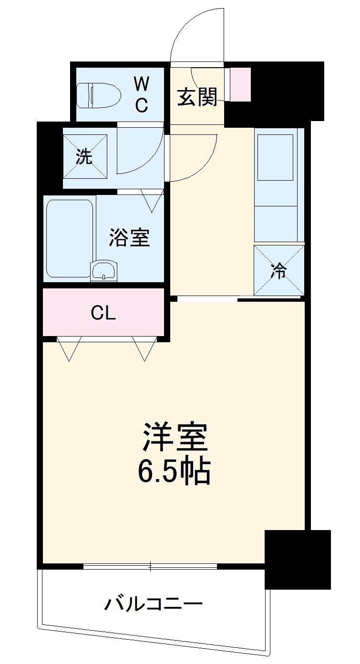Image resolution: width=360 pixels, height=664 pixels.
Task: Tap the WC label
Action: [141, 95]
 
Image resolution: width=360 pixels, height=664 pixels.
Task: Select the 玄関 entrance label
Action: [197, 97]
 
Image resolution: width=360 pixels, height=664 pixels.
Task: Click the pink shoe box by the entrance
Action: [240, 84]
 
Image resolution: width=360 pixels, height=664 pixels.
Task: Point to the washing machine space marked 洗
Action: [85, 156]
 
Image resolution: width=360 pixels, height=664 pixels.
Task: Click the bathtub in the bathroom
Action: [70, 238]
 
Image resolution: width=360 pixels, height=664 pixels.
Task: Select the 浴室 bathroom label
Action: [129, 238]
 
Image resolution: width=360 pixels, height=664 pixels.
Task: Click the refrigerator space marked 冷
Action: [279, 270]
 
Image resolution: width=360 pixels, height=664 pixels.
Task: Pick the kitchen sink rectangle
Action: [275, 157]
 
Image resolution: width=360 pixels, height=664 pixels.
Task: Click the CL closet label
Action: [103, 313]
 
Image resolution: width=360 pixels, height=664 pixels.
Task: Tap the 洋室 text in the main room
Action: [175, 437]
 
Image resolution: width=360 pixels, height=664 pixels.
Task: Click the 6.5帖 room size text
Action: [175, 471]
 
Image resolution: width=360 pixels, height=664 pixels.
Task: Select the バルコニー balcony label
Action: [154, 605]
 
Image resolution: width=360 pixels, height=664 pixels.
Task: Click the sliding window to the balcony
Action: [150, 566]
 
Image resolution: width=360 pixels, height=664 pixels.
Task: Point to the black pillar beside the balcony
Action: [298, 559]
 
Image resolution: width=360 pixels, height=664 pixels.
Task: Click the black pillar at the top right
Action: [286, 91]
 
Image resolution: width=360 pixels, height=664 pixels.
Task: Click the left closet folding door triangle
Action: [69, 348]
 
